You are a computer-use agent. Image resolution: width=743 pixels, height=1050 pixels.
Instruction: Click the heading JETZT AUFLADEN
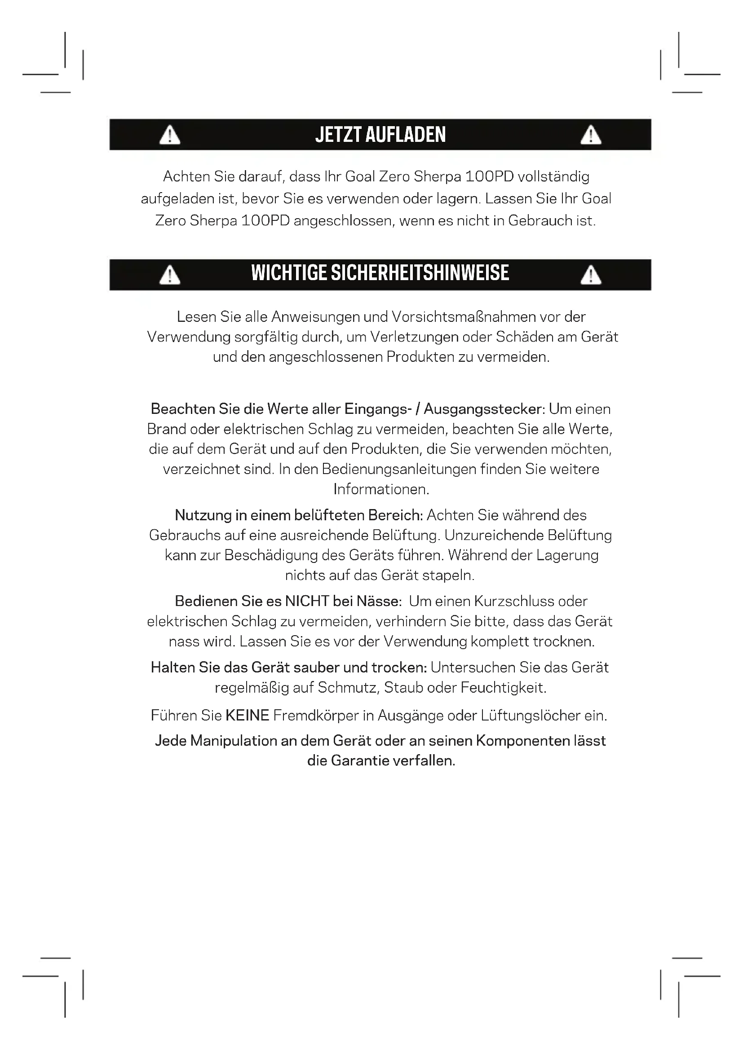(380, 135)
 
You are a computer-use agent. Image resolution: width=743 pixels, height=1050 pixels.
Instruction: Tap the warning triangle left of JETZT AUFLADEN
(170, 136)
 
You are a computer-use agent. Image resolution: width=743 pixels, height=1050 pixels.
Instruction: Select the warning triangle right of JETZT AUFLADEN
(591, 136)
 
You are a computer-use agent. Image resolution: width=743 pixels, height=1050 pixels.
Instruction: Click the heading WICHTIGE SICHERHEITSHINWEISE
(380, 273)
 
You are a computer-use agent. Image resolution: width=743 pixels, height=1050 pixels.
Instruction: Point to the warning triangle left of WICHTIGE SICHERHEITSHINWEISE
(170, 275)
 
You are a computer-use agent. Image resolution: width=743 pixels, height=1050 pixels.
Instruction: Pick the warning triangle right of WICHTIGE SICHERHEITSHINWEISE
(591, 275)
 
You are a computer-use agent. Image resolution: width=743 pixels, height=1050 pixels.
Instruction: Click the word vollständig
(553, 176)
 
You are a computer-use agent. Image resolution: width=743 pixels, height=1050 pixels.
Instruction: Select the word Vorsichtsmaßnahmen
(464, 316)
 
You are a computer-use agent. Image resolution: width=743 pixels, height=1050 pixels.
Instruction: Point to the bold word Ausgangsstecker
(484, 409)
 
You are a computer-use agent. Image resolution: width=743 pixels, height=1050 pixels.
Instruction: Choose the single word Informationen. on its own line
(381, 489)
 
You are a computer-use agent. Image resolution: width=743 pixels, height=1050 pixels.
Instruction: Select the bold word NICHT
(307, 602)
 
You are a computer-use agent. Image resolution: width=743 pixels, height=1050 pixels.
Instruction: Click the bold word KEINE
(247, 716)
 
